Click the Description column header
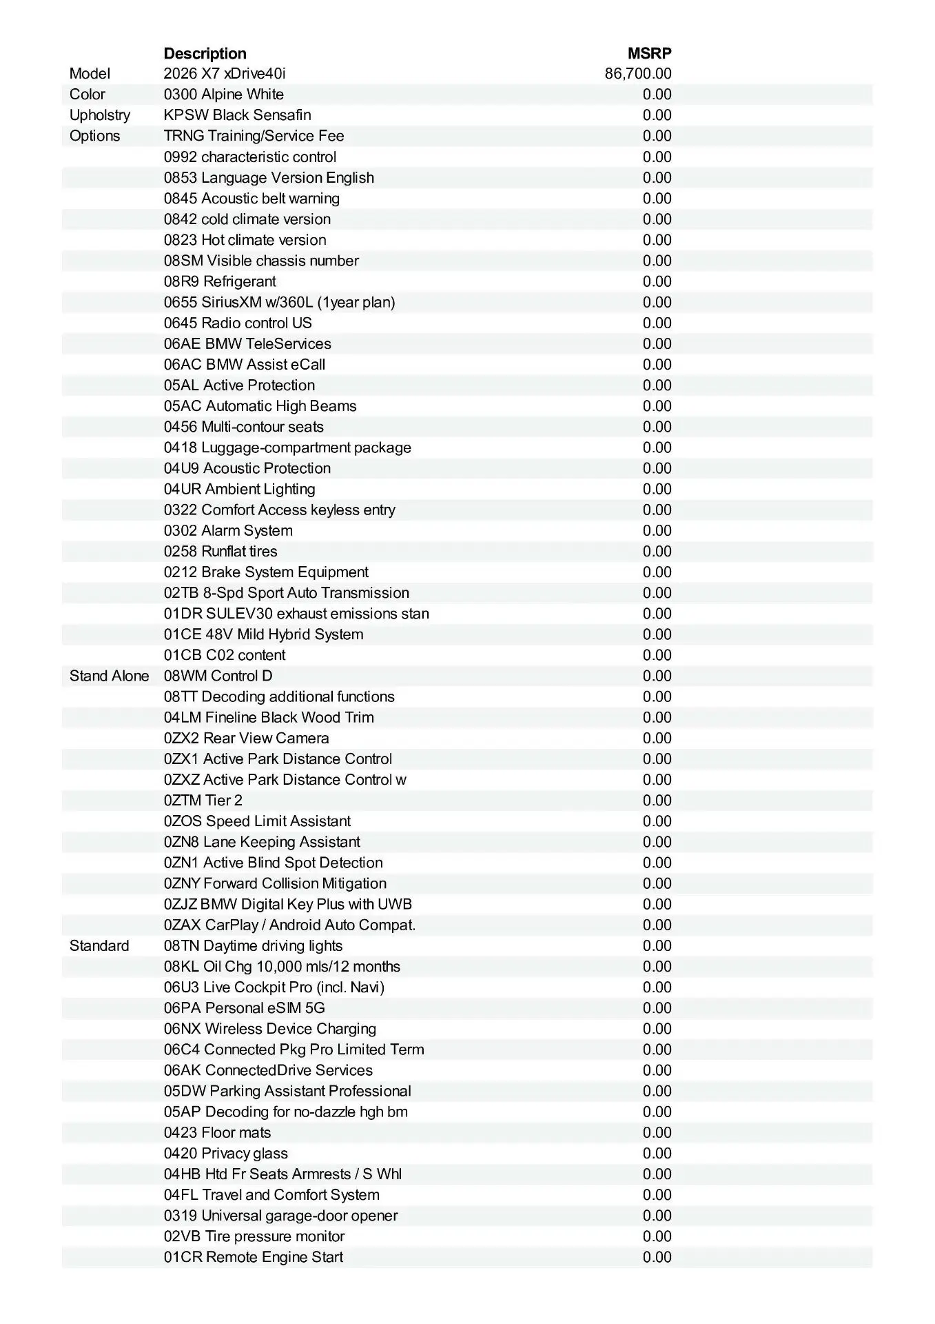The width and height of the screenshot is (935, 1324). [205, 54]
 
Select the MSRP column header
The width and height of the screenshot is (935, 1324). [649, 54]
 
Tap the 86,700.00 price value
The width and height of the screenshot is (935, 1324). [637, 74]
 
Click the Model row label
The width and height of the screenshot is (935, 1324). [90, 74]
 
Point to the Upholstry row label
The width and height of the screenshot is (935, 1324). [99, 115]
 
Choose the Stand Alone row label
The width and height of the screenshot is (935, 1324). [109, 676]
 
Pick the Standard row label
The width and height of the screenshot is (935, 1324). [99, 945]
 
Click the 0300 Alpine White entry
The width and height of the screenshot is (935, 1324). [223, 94]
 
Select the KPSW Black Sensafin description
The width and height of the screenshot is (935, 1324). [237, 115]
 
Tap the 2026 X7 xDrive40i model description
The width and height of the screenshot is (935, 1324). [225, 74]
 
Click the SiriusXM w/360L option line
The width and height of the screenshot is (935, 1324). [279, 302]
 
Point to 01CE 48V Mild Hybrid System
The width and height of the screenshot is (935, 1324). [263, 634]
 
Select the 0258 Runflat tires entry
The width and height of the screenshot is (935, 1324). [220, 552]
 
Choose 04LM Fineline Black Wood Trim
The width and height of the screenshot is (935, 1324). [269, 717]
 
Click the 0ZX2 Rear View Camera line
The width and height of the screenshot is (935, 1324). [246, 738]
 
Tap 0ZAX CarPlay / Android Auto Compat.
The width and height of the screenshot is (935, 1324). [289, 925]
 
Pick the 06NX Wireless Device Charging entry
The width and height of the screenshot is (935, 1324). [270, 1029]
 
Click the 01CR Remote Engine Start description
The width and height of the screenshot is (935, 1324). [253, 1257]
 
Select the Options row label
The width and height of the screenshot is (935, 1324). [94, 136]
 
